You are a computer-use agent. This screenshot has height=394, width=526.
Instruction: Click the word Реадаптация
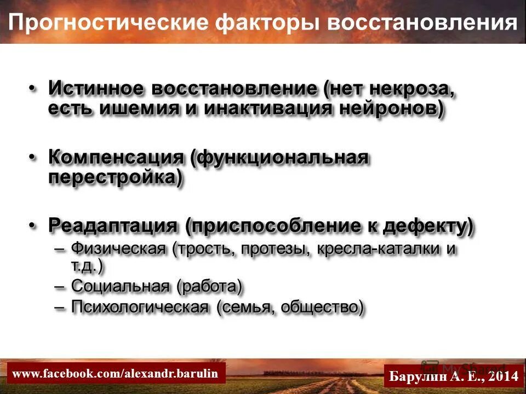coord(113,226)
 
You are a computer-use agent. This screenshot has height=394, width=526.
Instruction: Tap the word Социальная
coord(121,286)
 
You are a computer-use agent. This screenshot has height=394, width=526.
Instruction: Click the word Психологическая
coord(140,308)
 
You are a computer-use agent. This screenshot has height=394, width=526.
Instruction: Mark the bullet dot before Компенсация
coord(33,158)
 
